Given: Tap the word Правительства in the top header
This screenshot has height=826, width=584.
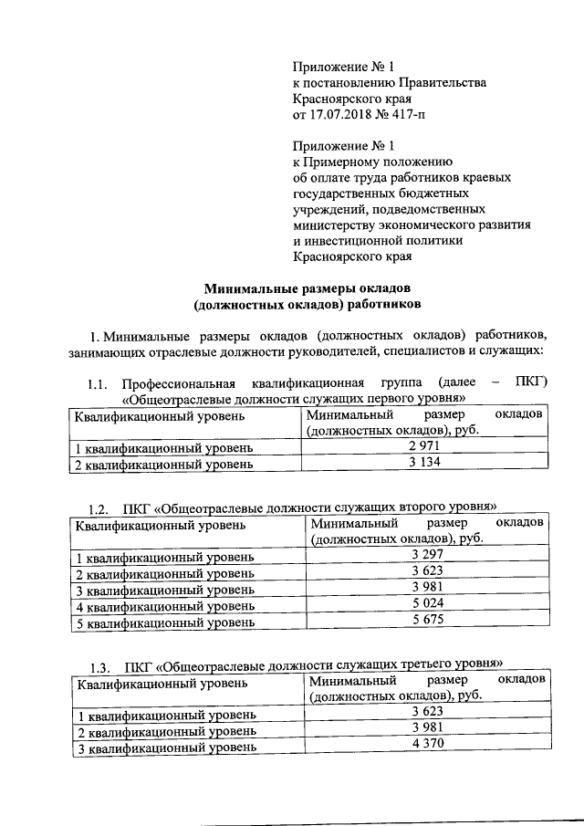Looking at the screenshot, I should (x=433, y=83).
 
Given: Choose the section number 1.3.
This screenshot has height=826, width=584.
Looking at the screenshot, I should (x=99, y=664).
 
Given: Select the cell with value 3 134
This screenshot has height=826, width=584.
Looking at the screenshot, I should (x=424, y=463).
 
